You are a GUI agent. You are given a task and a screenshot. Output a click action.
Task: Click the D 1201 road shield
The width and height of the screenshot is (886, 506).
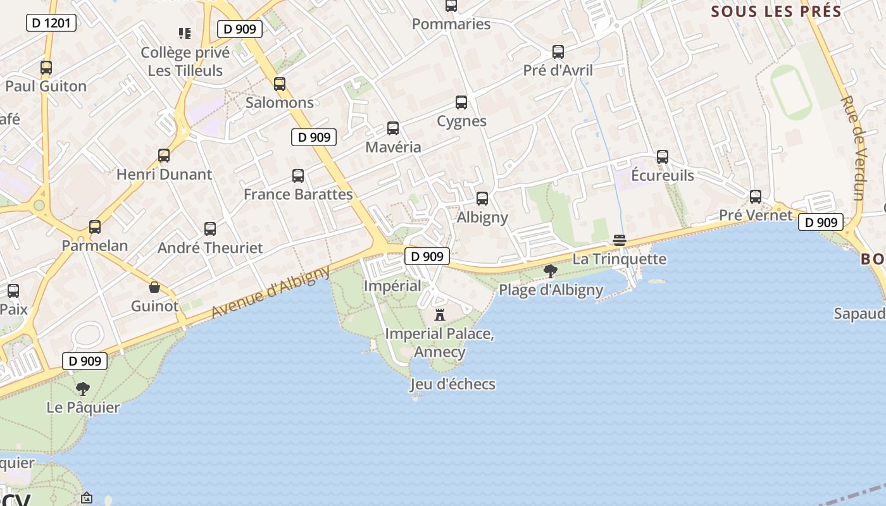(51, 23)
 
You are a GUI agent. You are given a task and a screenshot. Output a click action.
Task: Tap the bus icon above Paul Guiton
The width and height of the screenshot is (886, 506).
(46, 68)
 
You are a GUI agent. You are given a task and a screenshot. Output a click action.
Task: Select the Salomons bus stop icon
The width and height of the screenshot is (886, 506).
(280, 84)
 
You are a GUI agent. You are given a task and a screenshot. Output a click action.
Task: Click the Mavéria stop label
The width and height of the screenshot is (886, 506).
(393, 147)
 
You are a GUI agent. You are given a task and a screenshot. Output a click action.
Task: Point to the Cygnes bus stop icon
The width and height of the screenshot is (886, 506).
(461, 102)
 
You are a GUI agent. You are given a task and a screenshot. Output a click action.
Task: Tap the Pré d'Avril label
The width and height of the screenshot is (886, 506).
(558, 70)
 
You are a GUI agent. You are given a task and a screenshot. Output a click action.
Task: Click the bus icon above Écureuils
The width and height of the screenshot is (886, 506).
(663, 157)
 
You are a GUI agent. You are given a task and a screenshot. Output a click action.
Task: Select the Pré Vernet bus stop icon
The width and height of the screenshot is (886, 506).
(755, 197)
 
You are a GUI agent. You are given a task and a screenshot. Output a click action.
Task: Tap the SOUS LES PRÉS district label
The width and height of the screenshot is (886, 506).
(777, 11)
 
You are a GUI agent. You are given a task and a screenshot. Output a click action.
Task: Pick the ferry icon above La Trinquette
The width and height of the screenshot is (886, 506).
(620, 240)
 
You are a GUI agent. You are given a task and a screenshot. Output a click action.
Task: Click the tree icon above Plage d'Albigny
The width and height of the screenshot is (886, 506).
(551, 271)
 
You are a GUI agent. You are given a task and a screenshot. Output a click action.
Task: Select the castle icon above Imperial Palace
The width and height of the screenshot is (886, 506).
(440, 314)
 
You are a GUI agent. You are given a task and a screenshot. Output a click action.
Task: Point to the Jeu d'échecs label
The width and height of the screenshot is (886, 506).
(452, 384)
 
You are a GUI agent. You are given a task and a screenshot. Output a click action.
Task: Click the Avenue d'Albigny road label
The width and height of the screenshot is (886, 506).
(271, 292)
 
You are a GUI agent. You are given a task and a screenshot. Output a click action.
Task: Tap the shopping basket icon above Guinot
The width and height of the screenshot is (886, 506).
(154, 288)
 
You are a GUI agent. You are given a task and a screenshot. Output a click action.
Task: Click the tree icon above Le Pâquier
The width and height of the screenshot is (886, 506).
(83, 388)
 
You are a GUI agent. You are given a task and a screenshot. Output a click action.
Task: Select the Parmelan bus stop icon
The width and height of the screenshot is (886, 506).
(95, 227)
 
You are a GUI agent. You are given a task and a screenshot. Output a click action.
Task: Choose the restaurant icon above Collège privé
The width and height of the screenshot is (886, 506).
(185, 33)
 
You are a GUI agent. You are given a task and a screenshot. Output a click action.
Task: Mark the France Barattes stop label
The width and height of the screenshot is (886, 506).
(298, 194)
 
